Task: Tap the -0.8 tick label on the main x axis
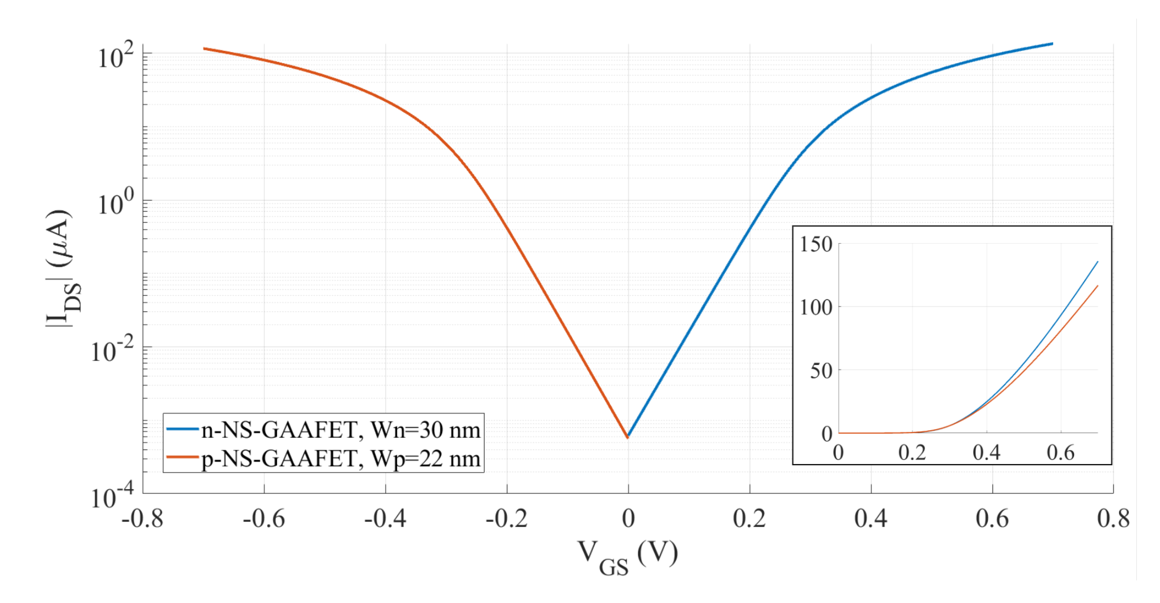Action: (142, 519)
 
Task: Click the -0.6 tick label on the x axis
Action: (264, 519)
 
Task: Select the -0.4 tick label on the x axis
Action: (385, 519)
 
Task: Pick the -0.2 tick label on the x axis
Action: (507, 519)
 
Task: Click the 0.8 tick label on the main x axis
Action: (1113, 519)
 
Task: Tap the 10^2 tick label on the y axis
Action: (116, 57)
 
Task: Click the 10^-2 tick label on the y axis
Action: (113, 350)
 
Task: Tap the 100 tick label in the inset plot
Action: (816, 308)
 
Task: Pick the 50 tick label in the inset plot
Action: (821, 371)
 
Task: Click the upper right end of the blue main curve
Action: (1052, 44)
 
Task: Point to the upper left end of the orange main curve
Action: (204, 49)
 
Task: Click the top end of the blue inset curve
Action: (1097, 262)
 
